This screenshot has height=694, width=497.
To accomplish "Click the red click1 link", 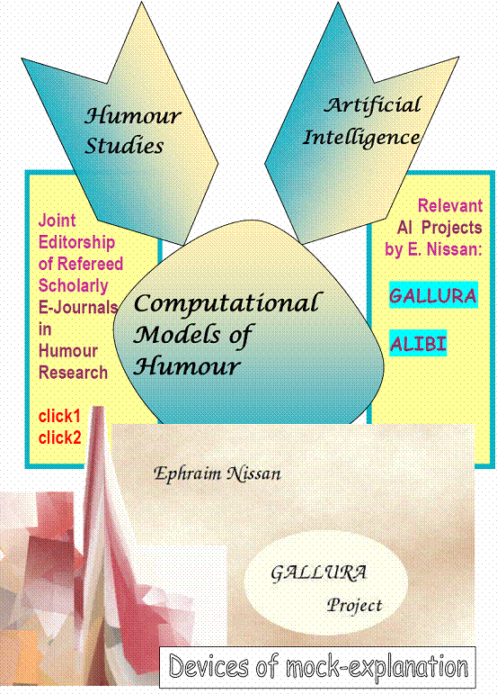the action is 59,416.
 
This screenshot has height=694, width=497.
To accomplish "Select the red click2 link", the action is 59,437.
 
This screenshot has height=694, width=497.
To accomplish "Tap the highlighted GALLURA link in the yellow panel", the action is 433,295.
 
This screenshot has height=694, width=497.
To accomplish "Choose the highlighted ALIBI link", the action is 418,344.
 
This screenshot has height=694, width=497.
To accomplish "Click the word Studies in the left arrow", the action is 124,146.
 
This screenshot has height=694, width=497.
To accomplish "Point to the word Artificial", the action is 372,105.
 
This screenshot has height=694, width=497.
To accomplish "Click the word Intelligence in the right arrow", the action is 361,138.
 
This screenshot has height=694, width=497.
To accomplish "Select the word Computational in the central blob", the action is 226,303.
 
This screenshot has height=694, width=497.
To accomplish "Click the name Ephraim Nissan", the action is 217,474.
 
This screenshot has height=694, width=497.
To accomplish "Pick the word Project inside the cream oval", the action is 354,606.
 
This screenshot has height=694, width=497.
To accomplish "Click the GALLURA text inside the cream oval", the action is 318,573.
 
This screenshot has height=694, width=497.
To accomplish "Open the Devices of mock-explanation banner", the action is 317,667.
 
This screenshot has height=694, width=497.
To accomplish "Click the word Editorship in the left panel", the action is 77,242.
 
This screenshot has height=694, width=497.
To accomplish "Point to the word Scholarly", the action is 74,285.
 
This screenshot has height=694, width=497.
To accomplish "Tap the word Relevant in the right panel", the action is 450,206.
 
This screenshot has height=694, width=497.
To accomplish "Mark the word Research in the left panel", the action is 74,373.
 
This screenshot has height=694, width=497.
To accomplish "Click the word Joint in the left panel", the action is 57,221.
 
